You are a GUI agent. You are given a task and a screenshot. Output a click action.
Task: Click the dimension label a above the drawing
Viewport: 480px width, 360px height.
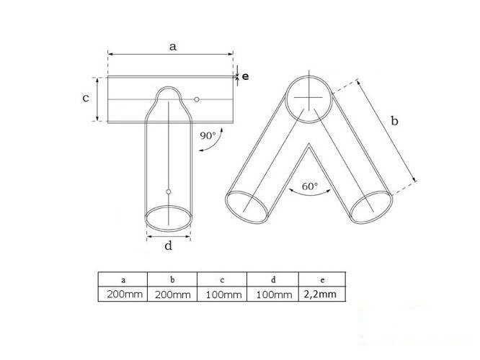pos(172,46)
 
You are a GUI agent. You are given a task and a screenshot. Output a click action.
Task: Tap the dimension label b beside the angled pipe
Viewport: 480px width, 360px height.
pos(394,122)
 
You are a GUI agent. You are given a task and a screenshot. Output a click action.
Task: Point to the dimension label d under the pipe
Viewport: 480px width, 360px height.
pos(169,246)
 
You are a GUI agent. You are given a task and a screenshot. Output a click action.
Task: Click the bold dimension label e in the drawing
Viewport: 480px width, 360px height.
pos(245,76)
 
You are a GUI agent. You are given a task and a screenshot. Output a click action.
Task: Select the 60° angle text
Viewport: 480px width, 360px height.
pos(310,186)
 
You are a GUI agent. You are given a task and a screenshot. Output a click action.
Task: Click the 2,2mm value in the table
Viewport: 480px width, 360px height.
pos(317,294)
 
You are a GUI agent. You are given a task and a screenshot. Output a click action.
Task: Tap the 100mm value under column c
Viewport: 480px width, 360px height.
pos(221,294)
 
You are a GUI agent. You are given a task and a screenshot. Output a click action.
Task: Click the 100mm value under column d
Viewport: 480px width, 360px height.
pos(271,294)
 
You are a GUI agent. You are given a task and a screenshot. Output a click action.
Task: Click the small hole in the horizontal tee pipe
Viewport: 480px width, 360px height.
pos(196,99)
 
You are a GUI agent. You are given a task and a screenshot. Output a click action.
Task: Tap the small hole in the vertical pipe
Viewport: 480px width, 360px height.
pos(168,192)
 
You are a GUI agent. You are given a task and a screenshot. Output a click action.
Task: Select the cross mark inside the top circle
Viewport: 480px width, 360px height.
pos(309,98)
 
